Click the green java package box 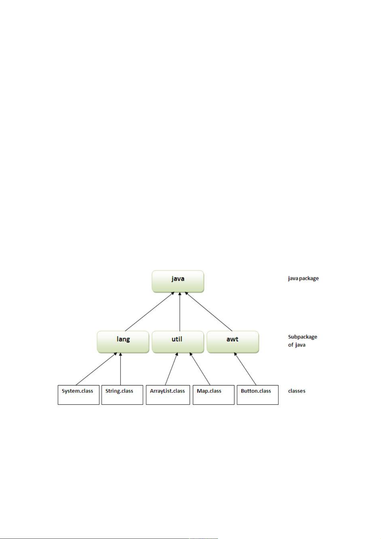pyautogui.click(x=178, y=281)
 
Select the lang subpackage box pyautogui.click(x=123, y=342)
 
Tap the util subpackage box pyautogui.click(x=178, y=342)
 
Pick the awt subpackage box pyautogui.click(x=233, y=342)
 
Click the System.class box pyautogui.click(x=78, y=395)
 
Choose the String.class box pyautogui.click(x=122, y=395)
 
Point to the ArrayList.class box pyautogui.click(x=168, y=395)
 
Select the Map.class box pyautogui.click(x=213, y=395)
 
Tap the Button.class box pyautogui.click(x=258, y=395)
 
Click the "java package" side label pyautogui.click(x=303, y=278)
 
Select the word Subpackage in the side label pyautogui.click(x=302, y=337)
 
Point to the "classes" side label pyautogui.click(x=297, y=391)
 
